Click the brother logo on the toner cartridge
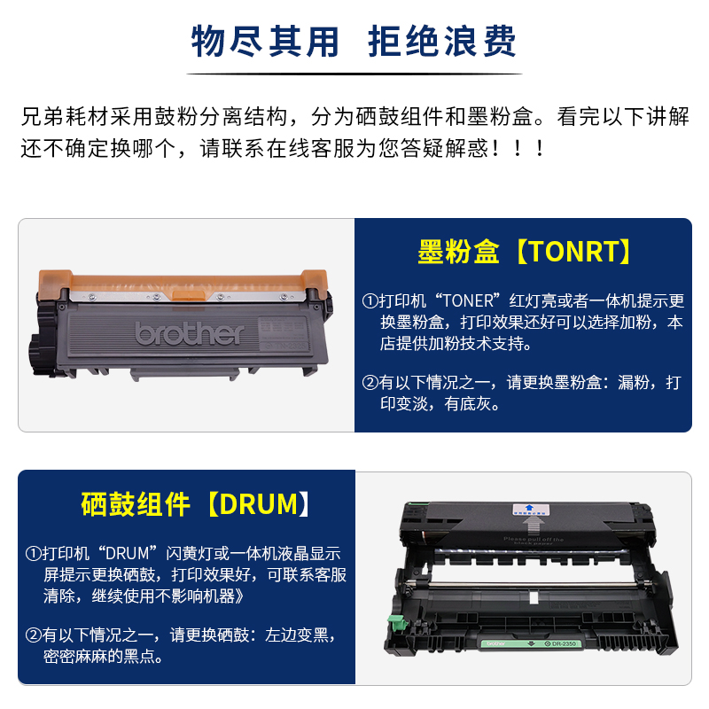coord(189,333)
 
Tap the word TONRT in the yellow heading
coord(574,253)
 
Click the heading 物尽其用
coord(265,41)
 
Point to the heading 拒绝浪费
coord(442,41)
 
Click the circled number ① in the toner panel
coord(370,301)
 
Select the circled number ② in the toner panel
coord(370,383)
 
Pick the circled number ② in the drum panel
coord(33,635)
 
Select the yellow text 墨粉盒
coord(460,253)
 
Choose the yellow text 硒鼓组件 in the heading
coord(135,504)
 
